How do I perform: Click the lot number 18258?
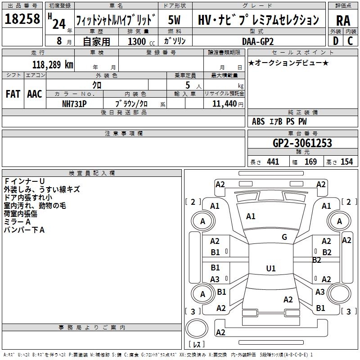click(x=22, y=19)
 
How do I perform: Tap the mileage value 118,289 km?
click(x=53, y=64)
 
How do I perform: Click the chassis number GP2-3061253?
click(x=302, y=143)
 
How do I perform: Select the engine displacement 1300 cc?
click(x=137, y=41)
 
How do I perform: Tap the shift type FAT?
click(x=13, y=94)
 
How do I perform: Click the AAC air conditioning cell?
click(x=34, y=94)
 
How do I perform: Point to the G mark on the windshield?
click(x=284, y=237)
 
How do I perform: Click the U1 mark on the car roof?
click(x=271, y=268)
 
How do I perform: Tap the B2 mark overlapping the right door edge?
click(x=317, y=260)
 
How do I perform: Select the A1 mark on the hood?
click(x=251, y=216)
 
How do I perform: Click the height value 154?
click(x=346, y=162)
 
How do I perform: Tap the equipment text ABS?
click(x=258, y=121)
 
